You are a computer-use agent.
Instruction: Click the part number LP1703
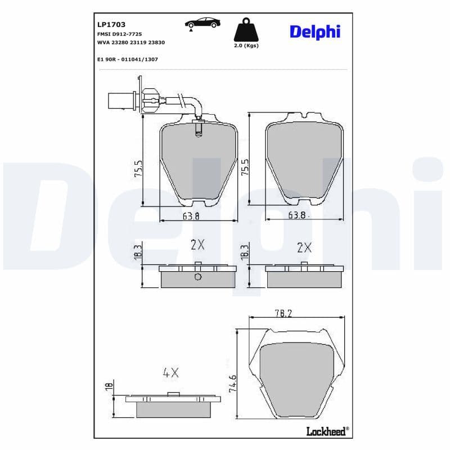click(x=111, y=25)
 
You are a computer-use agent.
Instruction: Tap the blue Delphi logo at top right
click(x=315, y=32)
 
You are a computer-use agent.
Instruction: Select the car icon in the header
click(x=202, y=23)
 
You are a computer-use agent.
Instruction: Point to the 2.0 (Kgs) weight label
click(x=246, y=46)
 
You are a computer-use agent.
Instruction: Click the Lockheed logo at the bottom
click(x=326, y=431)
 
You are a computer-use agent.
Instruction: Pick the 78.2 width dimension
click(x=282, y=314)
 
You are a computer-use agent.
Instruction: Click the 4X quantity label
click(x=170, y=372)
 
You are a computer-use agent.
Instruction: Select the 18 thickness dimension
click(x=109, y=386)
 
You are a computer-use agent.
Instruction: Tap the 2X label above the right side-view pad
click(x=304, y=247)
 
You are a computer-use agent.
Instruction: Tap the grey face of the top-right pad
click(x=304, y=160)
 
